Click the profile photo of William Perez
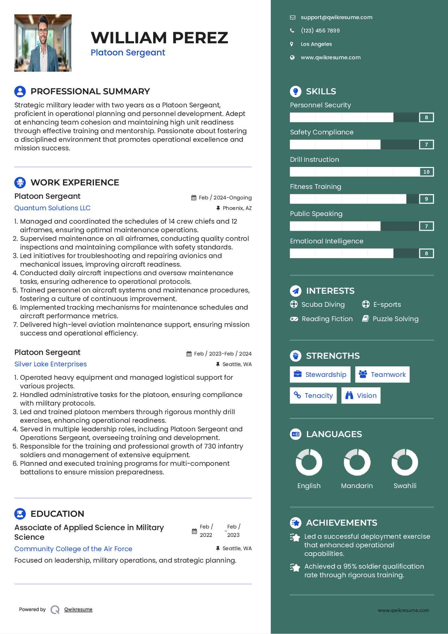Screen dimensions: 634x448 pos(43,43)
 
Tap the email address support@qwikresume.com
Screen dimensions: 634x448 pos(336,18)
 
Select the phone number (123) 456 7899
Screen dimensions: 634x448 pos(320,31)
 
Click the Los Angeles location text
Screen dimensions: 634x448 pos(316,44)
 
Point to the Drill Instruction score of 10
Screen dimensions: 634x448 pos(426,172)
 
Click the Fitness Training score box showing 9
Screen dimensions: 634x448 pos(426,199)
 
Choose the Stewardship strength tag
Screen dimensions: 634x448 pos(320,375)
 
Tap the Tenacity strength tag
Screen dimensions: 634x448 pos(313,396)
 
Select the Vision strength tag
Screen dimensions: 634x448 pos(361,396)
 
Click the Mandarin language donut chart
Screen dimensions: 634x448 pos(357,462)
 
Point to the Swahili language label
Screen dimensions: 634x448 pos(405,486)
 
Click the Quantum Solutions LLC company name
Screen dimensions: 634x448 pos(53,208)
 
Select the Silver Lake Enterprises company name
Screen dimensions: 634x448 pos(51,364)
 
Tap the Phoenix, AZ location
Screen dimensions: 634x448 pos(237,208)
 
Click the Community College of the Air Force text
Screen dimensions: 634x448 pos(73,549)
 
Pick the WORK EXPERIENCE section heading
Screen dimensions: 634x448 pos(75,183)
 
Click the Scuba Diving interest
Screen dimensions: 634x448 pos(323,305)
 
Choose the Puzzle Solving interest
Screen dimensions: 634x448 pos(395,319)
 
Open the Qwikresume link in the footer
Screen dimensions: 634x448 pos(78,609)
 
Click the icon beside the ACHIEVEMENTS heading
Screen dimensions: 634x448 pos(295,523)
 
